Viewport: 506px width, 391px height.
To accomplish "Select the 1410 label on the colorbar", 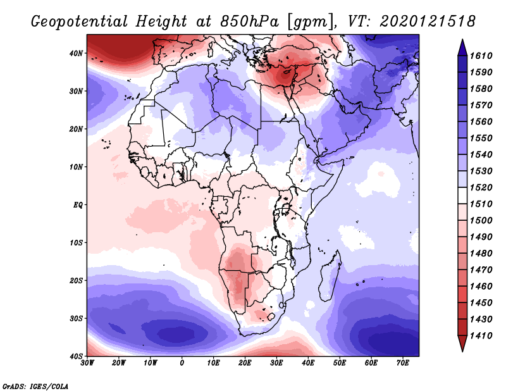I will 490,335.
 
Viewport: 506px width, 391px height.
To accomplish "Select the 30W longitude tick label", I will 87,364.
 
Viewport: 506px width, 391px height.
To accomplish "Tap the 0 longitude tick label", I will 182,364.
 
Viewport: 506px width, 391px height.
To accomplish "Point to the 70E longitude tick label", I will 403,364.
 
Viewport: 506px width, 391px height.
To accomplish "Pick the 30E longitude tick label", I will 276,364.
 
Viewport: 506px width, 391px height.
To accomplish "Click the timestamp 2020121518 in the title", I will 428,22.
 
